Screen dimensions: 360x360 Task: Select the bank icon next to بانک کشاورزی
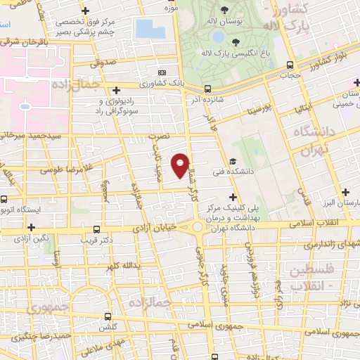tap(163, 72)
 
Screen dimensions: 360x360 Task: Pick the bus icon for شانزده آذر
tap(207, 89)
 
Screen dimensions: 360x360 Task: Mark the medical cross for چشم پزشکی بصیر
tap(85, 11)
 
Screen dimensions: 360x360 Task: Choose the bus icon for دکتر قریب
tap(96, 229)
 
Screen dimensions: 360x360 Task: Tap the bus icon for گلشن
tap(108, 316)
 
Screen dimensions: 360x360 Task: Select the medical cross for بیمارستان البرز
tap(345, 192)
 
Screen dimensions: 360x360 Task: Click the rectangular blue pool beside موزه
tap(150, 29)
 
